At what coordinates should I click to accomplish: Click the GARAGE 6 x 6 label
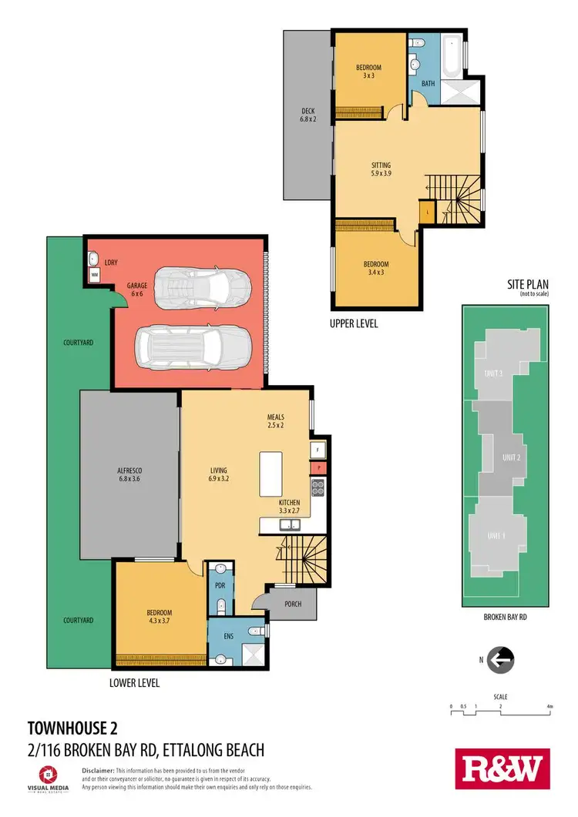[x=137, y=290]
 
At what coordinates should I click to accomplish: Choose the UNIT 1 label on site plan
[x=498, y=535]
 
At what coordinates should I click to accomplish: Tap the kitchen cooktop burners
[x=316, y=487]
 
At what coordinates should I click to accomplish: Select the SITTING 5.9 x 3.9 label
[x=381, y=169]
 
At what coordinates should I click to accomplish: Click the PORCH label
[x=292, y=604]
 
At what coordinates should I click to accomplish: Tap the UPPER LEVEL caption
[x=354, y=323]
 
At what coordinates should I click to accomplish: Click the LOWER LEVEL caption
[x=136, y=683]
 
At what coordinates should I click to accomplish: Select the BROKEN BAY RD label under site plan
[x=505, y=617]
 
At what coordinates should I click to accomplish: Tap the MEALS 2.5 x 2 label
[x=276, y=421]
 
